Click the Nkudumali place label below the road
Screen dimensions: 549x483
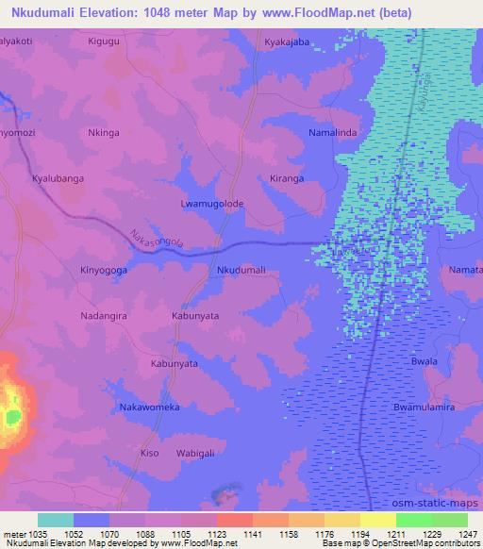[x=241, y=270]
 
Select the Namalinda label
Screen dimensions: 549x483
[x=333, y=135]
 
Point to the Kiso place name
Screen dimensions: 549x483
[x=149, y=453]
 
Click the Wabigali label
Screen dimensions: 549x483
[x=203, y=453]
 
